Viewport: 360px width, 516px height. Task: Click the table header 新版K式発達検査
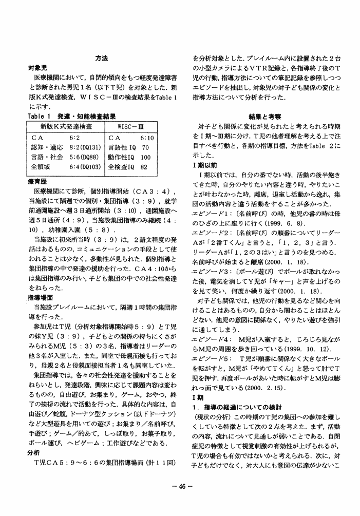click(66, 126)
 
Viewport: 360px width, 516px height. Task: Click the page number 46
click(181, 485)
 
